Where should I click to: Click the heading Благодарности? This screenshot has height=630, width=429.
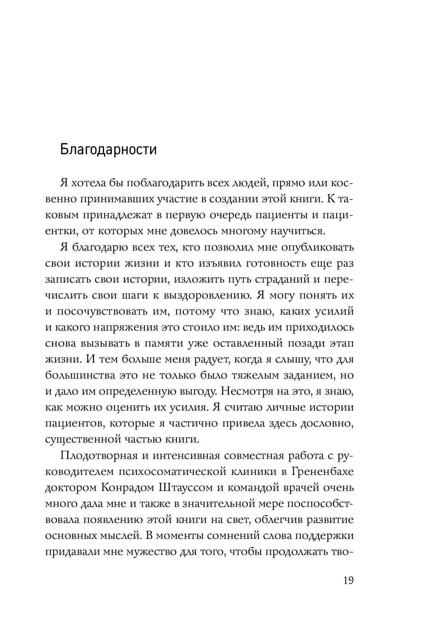click(x=108, y=149)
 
